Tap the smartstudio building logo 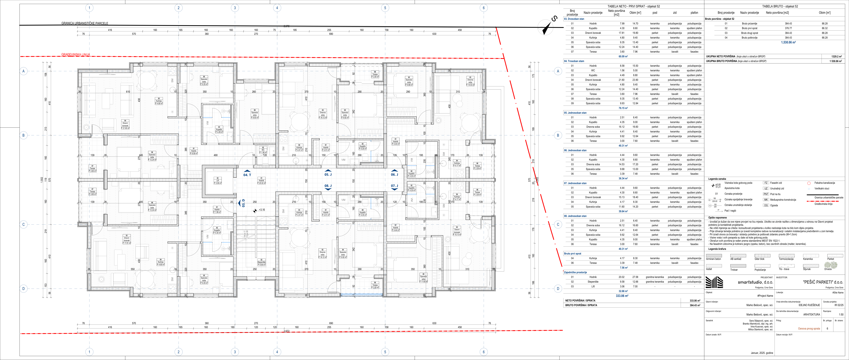pyautogui.click(x=714, y=282)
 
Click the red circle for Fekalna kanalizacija pyautogui.click(x=809, y=183)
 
